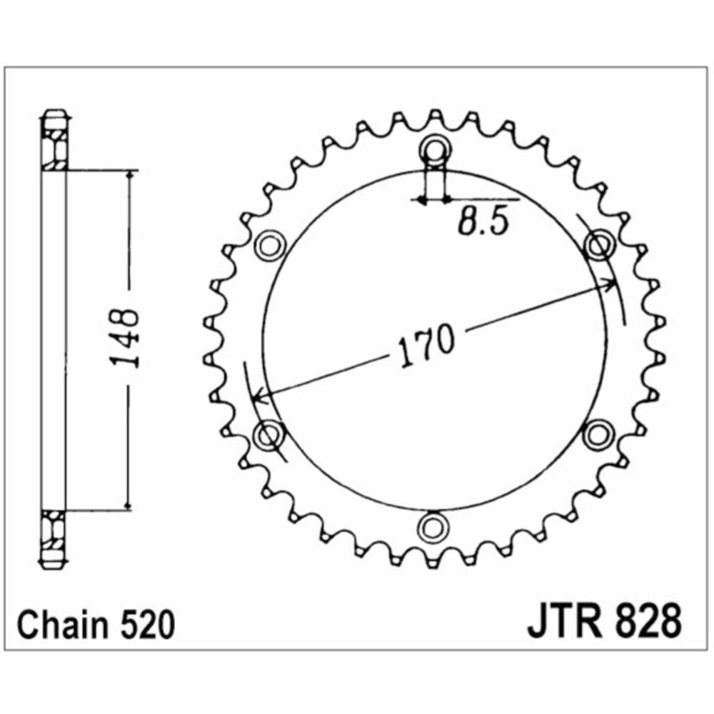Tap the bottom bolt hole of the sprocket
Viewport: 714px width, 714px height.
[x=433, y=527]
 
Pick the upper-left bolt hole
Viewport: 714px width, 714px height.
[x=270, y=246]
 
